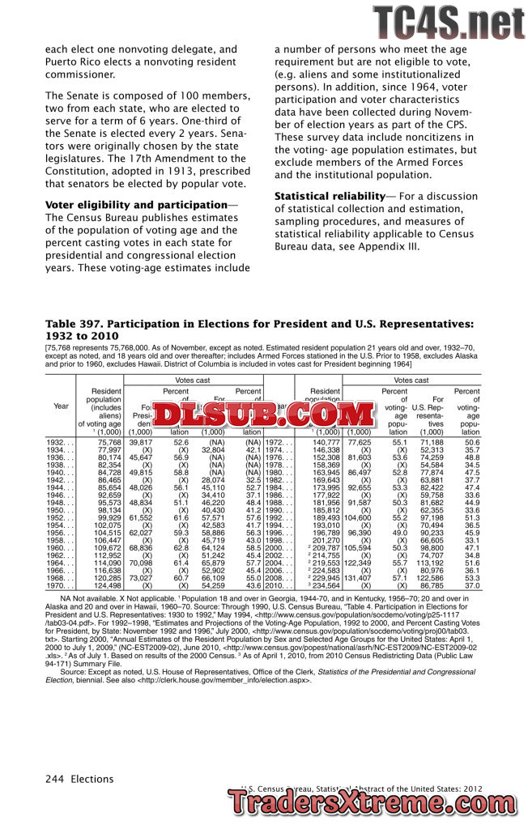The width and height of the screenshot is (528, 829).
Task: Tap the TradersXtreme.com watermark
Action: (377, 804)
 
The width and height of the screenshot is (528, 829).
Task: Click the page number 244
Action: (54, 779)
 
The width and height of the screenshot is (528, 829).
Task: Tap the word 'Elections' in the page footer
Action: (92, 779)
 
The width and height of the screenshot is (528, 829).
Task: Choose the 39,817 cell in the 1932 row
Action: (140, 443)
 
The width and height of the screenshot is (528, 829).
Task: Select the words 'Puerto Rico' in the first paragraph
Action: (72, 62)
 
